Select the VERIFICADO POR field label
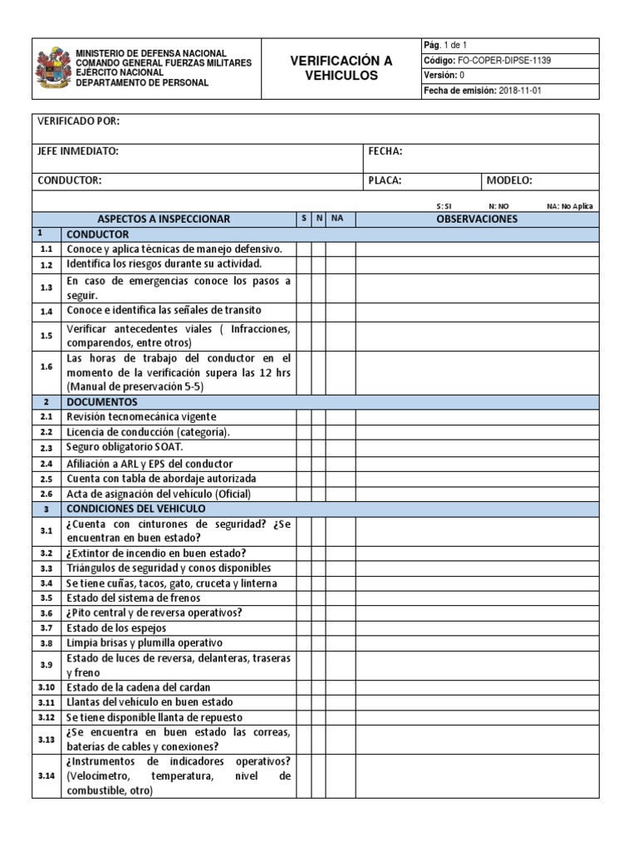pyautogui.click(x=78, y=122)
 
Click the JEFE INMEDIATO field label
pyautogui.click(x=77, y=151)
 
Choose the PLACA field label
pyautogui.click(x=385, y=180)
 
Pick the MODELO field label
pyautogui.click(x=509, y=180)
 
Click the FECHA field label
pyautogui.click(x=385, y=151)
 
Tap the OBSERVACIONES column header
pyautogui.click(x=477, y=219)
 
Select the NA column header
pyautogui.click(x=337, y=219)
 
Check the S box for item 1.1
pyautogui.click(x=304, y=249)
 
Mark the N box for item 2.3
pyautogui.click(x=319, y=447)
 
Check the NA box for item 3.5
pyautogui.click(x=340, y=598)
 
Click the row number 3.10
pyautogui.click(x=46, y=687)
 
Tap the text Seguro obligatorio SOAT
pyautogui.click(x=125, y=447)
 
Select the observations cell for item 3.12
pyautogui.click(x=477, y=717)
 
